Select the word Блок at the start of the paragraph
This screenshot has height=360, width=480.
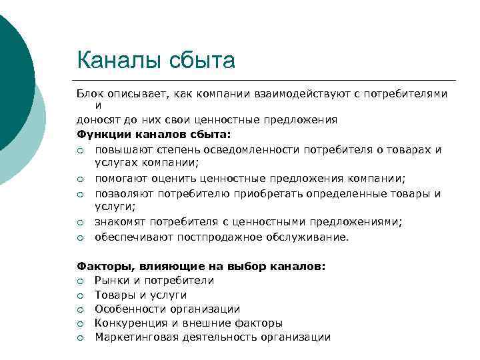[x=90, y=94]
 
